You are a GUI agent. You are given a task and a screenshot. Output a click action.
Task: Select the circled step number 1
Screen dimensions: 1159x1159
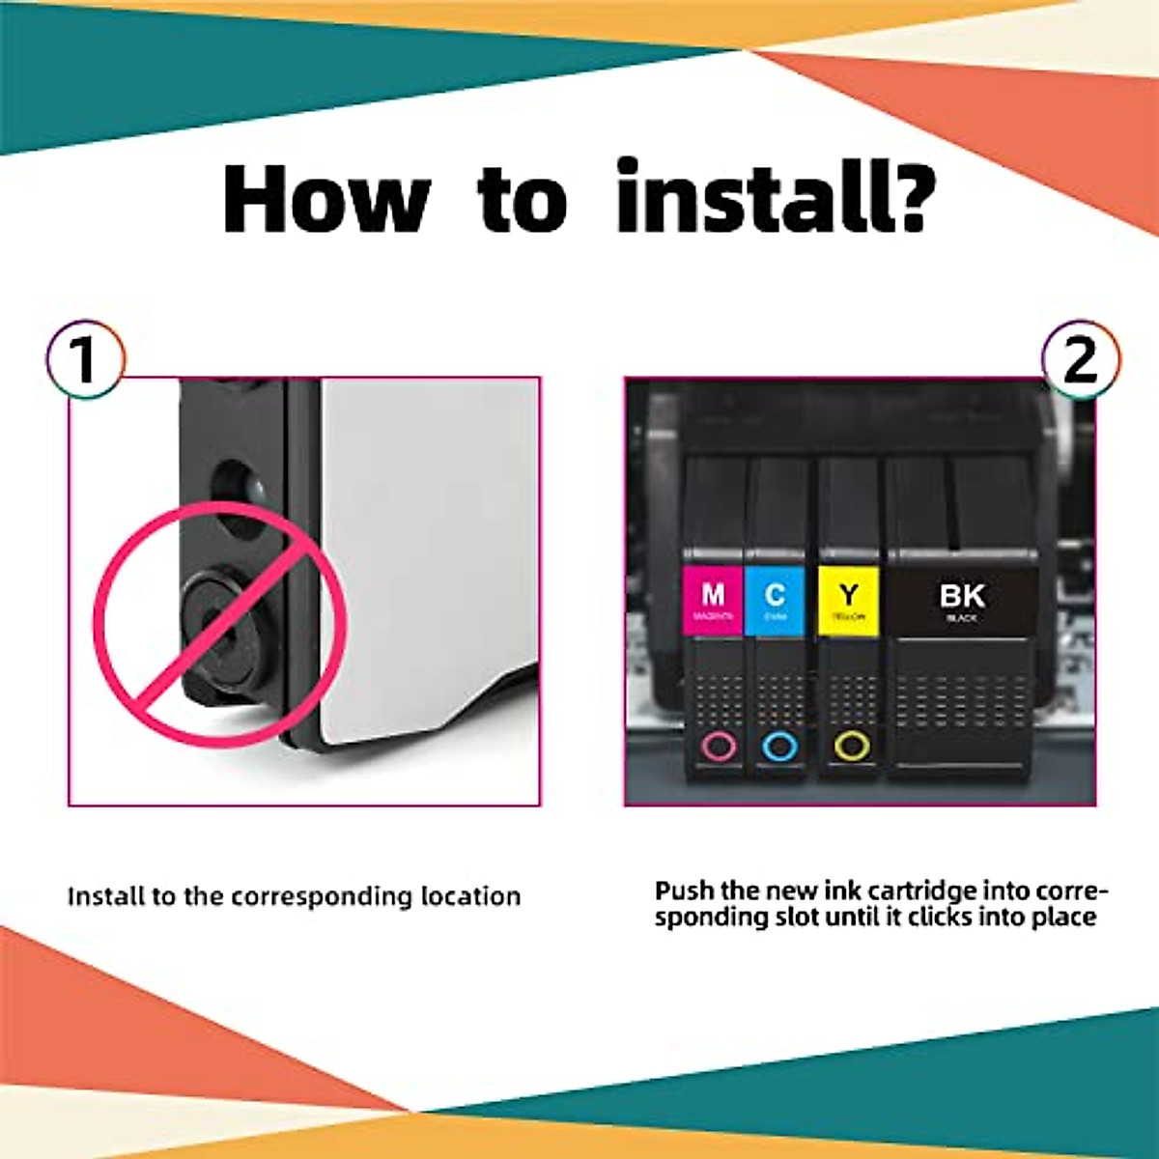pos(86,359)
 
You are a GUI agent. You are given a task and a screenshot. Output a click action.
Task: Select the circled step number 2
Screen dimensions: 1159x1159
pos(1081,359)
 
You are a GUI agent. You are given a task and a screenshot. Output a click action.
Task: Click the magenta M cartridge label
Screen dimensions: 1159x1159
pos(713,600)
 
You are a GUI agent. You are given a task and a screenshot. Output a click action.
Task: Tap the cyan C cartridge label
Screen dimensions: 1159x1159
pos(775,600)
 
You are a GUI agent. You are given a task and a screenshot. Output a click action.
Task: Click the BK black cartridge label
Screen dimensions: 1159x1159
pos(962,600)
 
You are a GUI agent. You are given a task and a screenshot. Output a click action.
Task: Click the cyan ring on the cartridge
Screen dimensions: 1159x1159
pos(779,746)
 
